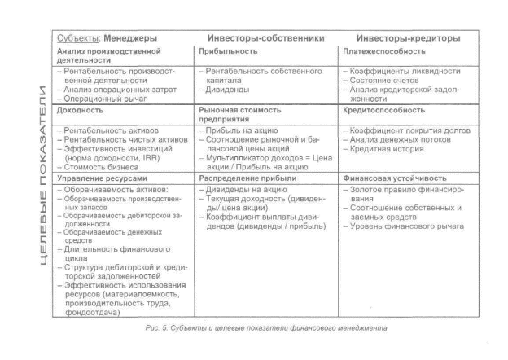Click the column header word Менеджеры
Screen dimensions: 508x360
(x=130, y=38)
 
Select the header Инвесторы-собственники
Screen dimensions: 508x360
(x=266, y=38)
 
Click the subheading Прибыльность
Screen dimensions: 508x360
(x=229, y=52)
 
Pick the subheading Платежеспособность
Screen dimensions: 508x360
(x=384, y=52)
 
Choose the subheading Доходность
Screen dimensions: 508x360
(x=81, y=110)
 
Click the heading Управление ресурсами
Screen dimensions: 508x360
(x=103, y=177)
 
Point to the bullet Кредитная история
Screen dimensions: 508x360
(x=378, y=150)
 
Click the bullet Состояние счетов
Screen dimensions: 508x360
(x=383, y=81)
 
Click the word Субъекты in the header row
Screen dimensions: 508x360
(x=77, y=38)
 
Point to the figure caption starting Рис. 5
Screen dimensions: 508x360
(x=265, y=328)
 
